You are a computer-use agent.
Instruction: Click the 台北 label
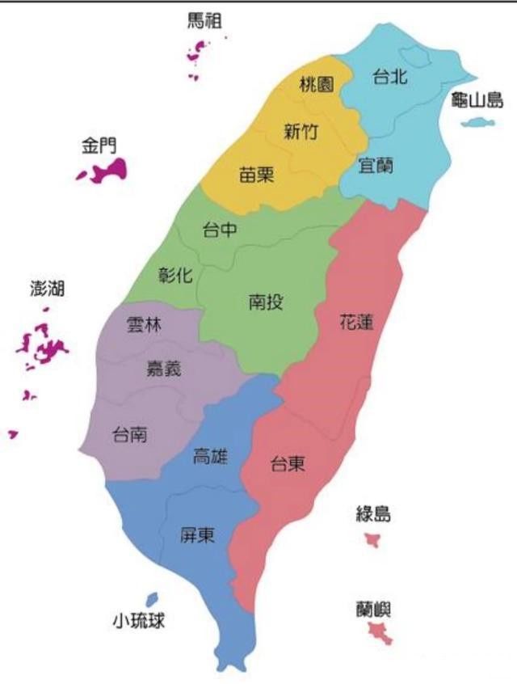tap(389, 78)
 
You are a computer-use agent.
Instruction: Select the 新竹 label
tap(301, 133)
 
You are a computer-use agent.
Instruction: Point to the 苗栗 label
tap(257, 175)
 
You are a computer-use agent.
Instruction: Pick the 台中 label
tap(220, 230)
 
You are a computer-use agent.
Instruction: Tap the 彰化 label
tap(176, 275)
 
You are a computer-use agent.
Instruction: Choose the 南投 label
tap(266, 303)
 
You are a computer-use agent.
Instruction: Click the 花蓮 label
tap(357, 323)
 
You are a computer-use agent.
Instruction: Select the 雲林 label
tap(145, 325)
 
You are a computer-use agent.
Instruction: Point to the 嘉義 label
tap(163, 369)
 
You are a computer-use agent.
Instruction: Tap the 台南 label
tap(129, 434)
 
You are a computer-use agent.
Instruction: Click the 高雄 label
tap(210, 457)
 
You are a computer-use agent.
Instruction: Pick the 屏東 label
tap(198, 534)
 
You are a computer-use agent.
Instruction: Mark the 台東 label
tap(288, 465)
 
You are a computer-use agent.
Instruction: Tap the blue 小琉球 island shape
tap(151, 600)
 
